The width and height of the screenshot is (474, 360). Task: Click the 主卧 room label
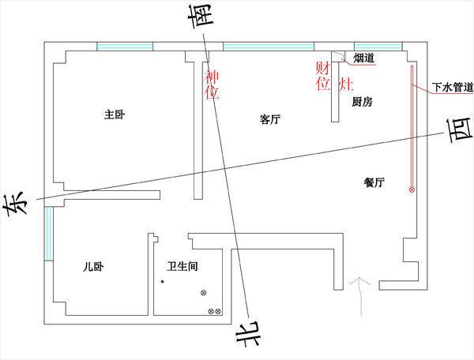[x=115, y=115]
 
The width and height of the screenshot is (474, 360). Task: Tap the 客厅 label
[x=270, y=120]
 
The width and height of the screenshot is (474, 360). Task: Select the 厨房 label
[x=362, y=103]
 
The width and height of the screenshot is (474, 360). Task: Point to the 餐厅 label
[x=374, y=182]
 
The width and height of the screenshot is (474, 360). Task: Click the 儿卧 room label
[x=93, y=267]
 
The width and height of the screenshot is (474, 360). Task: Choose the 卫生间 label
[x=182, y=267]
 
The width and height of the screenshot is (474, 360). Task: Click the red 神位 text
[x=212, y=84]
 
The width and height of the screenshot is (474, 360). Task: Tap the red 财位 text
[x=322, y=77]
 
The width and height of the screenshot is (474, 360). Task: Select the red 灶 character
[x=345, y=83]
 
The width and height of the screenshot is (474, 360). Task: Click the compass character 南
[x=203, y=16]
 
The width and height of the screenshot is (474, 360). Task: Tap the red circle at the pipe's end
[x=412, y=190]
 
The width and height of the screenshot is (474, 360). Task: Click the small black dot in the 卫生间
[x=162, y=281]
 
